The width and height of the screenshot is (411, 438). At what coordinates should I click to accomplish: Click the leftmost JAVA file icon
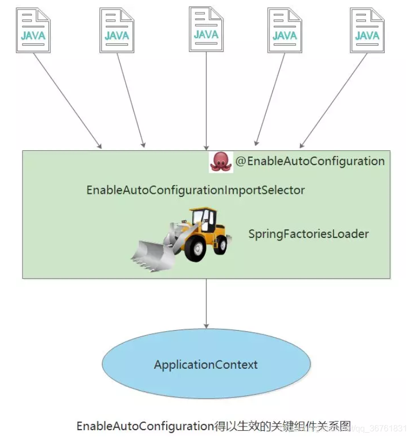pyautogui.click(x=33, y=30)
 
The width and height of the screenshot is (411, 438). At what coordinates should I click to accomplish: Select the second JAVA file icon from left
pyautogui.click(x=117, y=30)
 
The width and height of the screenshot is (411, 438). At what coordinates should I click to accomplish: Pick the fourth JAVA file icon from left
pyautogui.click(x=285, y=30)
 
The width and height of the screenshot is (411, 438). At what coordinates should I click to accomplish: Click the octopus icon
pyautogui.click(x=221, y=162)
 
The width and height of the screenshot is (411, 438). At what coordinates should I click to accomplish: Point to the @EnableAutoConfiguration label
pyautogui.click(x=310, y=161)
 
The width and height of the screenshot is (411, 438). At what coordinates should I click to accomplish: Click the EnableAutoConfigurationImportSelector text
pyautogui.click(x=196, y=190)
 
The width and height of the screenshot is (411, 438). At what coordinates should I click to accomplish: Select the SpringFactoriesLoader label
pyautogui.click(x=308, y=234)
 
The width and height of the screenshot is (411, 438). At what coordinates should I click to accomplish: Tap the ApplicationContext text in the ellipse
pyautogui.click(x=206, y=364)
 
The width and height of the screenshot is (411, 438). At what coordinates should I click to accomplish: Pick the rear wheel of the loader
pyautogui.click(x=221, y=244)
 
